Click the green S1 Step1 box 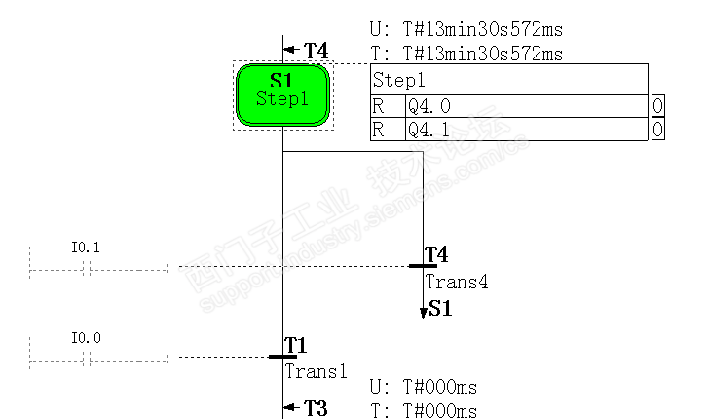click(282, 95)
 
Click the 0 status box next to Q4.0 click(658, 106)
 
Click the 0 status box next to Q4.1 click(658, 129)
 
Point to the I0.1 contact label click(86, 248)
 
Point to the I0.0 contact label click(86, 339)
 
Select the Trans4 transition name click(456, 283)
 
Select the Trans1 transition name click(316, 371)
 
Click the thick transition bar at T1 click(282, 357)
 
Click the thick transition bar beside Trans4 click(423, 266)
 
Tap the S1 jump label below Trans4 click(440, 311)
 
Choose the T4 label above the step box click(316, 50)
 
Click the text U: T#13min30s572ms click(466, 30)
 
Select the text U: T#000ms click(424, 388)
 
